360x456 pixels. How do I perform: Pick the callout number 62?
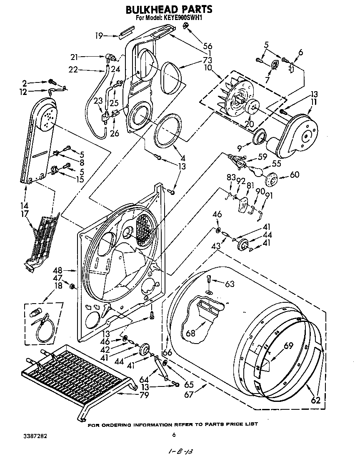(x=316, y=401)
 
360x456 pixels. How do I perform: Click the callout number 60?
(x=294, y=175)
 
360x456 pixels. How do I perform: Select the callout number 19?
(x=98, y=36)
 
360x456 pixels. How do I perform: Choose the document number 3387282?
(x=35, y=436)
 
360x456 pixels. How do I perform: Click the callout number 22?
(x=73, y=70)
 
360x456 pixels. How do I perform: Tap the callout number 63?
(x=230, y=284)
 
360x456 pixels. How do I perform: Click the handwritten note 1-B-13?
(x=182, y=451)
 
